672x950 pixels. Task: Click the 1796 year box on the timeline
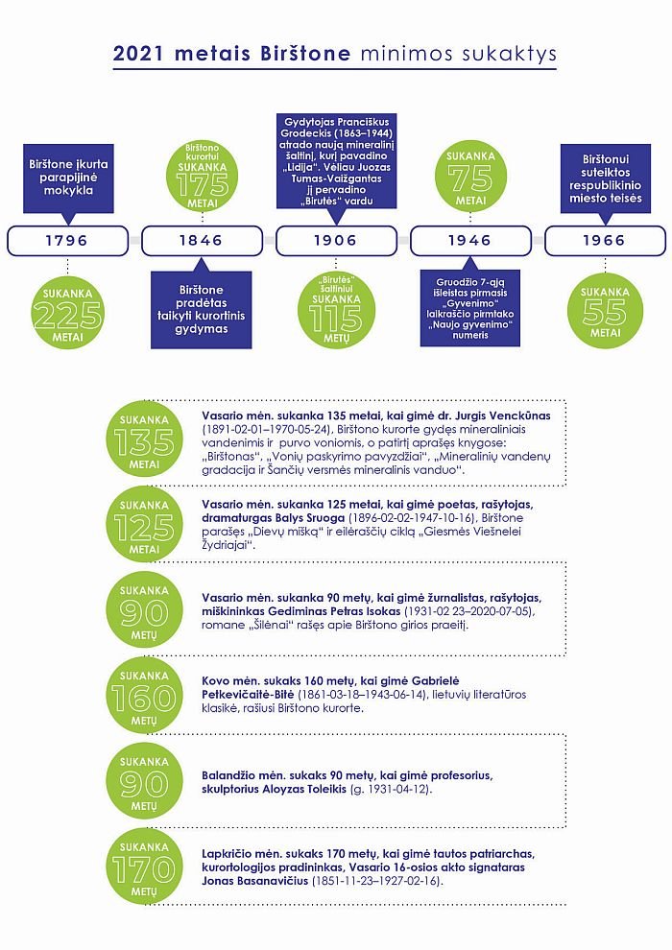tap(67, 241)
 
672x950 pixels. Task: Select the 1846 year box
tap(202, 241)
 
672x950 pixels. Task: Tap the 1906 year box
tap(336, 241)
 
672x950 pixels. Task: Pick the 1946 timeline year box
tap(470, 241)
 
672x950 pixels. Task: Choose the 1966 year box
tap(605, 241)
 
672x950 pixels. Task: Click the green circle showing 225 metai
tap(68, 312)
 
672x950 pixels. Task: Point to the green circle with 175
tap(202, 177)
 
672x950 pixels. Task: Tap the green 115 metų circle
tap(336, 310)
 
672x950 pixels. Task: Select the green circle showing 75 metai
tap(470, 177)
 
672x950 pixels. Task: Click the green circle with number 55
tap(605, 311)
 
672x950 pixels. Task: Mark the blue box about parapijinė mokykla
tap(68, 178)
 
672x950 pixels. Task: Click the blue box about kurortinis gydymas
tap(202, 310)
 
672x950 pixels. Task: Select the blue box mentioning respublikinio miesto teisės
tap(606, 178)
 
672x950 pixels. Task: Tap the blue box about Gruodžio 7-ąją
tap(470, 308)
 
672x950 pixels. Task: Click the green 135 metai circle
tap(144, 439)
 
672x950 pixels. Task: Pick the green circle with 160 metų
tap(144, 695)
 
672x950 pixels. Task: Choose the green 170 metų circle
tap(144, 867)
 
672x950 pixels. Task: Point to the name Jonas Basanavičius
tap(255, 880)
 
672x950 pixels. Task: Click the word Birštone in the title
tap(305, 54)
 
